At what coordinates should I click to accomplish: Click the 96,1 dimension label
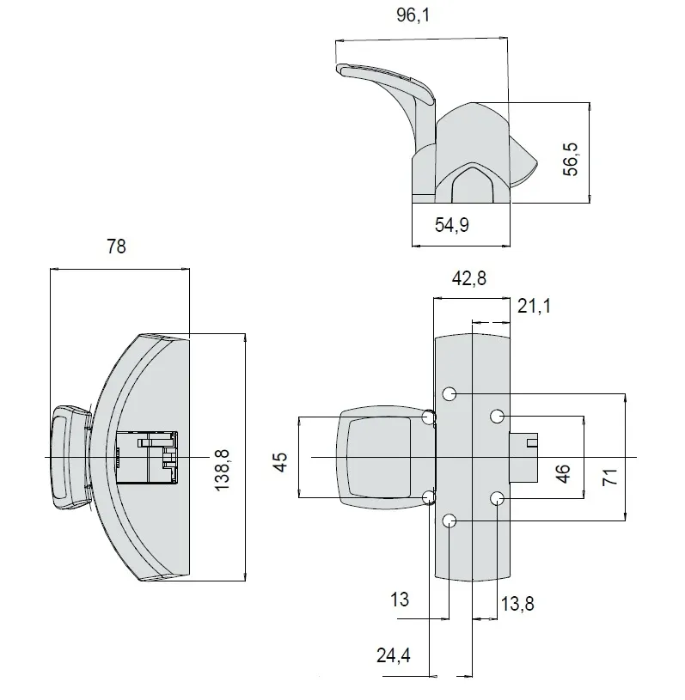tap(413, 15)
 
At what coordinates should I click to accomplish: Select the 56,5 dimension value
tap(571, 160)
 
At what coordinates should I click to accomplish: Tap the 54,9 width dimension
tap(452, 224)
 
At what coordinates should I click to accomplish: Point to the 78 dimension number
tap(116, 247)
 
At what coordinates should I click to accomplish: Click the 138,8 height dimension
tap(222, 470)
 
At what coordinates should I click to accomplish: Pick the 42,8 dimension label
tap(468, 278)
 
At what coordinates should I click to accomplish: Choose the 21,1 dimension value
tap(534, 307)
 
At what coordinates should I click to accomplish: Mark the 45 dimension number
tap(281, 462)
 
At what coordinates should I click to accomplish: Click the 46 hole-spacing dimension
tap(564, 473)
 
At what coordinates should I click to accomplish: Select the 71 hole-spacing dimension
tap(610, 478)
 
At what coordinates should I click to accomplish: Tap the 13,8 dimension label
tap(517, 604)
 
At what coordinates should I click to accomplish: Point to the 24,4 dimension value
tap(394, 656)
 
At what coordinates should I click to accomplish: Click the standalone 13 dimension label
tap(400, 600)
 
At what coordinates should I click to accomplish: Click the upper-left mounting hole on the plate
tap(450, 393)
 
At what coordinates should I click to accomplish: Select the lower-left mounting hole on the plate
tap(450, 520)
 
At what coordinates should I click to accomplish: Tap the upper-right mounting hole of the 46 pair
tap(497, 417)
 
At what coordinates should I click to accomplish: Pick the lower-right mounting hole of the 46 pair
tap(497, 498)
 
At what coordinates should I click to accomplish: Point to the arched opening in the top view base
tap(472, 185)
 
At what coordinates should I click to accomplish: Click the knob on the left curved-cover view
tap(70, 457)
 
